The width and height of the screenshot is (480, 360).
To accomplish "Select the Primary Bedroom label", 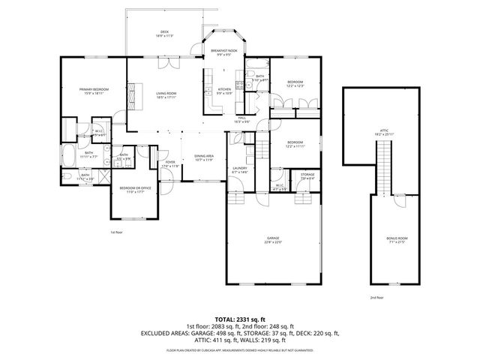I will (94, 91).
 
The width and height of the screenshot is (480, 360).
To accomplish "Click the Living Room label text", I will (166, 94).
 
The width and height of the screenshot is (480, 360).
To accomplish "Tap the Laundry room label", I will (240, 170).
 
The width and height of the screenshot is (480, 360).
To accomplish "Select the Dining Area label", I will (205, 157).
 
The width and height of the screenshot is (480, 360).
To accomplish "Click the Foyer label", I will (170, 163).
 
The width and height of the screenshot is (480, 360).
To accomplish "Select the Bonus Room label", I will (395, 240).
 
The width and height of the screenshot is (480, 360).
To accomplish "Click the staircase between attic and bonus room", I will (385, 169).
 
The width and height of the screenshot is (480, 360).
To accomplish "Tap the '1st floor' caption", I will (116, 232).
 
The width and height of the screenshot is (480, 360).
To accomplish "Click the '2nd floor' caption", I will (376, 297).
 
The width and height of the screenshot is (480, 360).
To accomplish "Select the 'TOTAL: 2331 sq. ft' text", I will (240, 318).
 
